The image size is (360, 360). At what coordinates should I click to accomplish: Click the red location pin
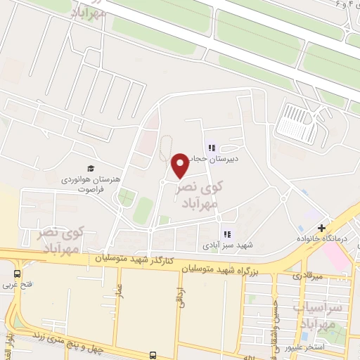point(180,165)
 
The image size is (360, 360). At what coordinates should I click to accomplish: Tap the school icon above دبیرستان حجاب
point(210,148)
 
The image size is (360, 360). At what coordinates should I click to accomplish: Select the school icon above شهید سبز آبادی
point(226,234)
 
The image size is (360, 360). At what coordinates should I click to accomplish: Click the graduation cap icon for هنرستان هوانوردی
point(90,168)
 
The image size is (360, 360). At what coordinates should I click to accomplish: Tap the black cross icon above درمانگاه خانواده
point(321,228)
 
